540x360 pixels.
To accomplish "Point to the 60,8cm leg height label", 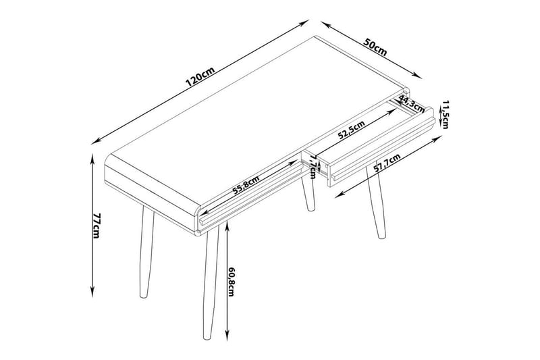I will pyautogui.click(x=231, y=284).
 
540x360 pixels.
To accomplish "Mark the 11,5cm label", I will pyautogui.click(x=446, y=114).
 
